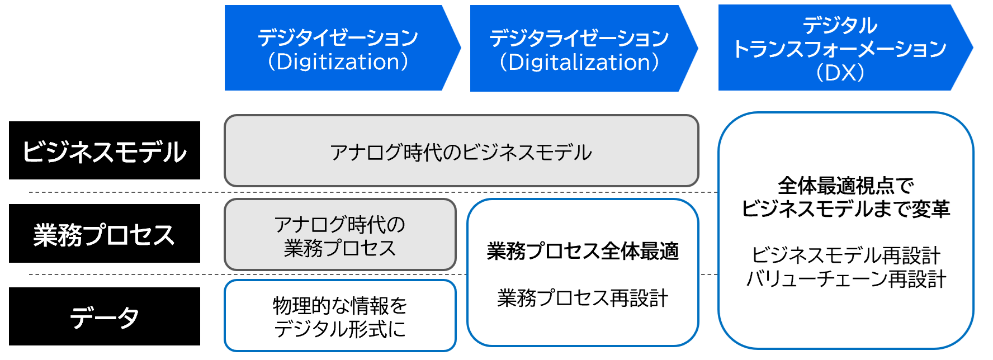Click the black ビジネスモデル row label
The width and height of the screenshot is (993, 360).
[x=105, y=150]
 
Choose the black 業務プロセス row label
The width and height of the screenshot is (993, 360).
[x=105, y=233]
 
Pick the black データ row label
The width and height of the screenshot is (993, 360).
[x=105, y=316]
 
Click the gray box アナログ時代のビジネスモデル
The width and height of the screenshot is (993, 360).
[x=461, y=150]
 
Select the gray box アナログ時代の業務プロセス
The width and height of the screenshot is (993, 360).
[x=340, y=235]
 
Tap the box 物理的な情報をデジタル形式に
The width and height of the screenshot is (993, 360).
[x=340, y=316]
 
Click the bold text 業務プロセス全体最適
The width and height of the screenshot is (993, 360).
[x=583, y=252]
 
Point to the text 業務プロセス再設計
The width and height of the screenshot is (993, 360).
[x=583, y=298]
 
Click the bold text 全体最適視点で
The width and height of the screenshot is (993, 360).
[x=845, y=185]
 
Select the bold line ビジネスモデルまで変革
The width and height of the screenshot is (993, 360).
[x=845, y=209]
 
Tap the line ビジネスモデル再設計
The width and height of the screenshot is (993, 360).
[x=846, y=255]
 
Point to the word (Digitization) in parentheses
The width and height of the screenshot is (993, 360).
[x=338, y=61]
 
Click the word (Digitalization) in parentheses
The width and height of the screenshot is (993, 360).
[x=579, y=62]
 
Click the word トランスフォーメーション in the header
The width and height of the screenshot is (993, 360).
[x=840, y=49]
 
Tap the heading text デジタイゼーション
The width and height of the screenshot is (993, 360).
[x=338, y=37]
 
